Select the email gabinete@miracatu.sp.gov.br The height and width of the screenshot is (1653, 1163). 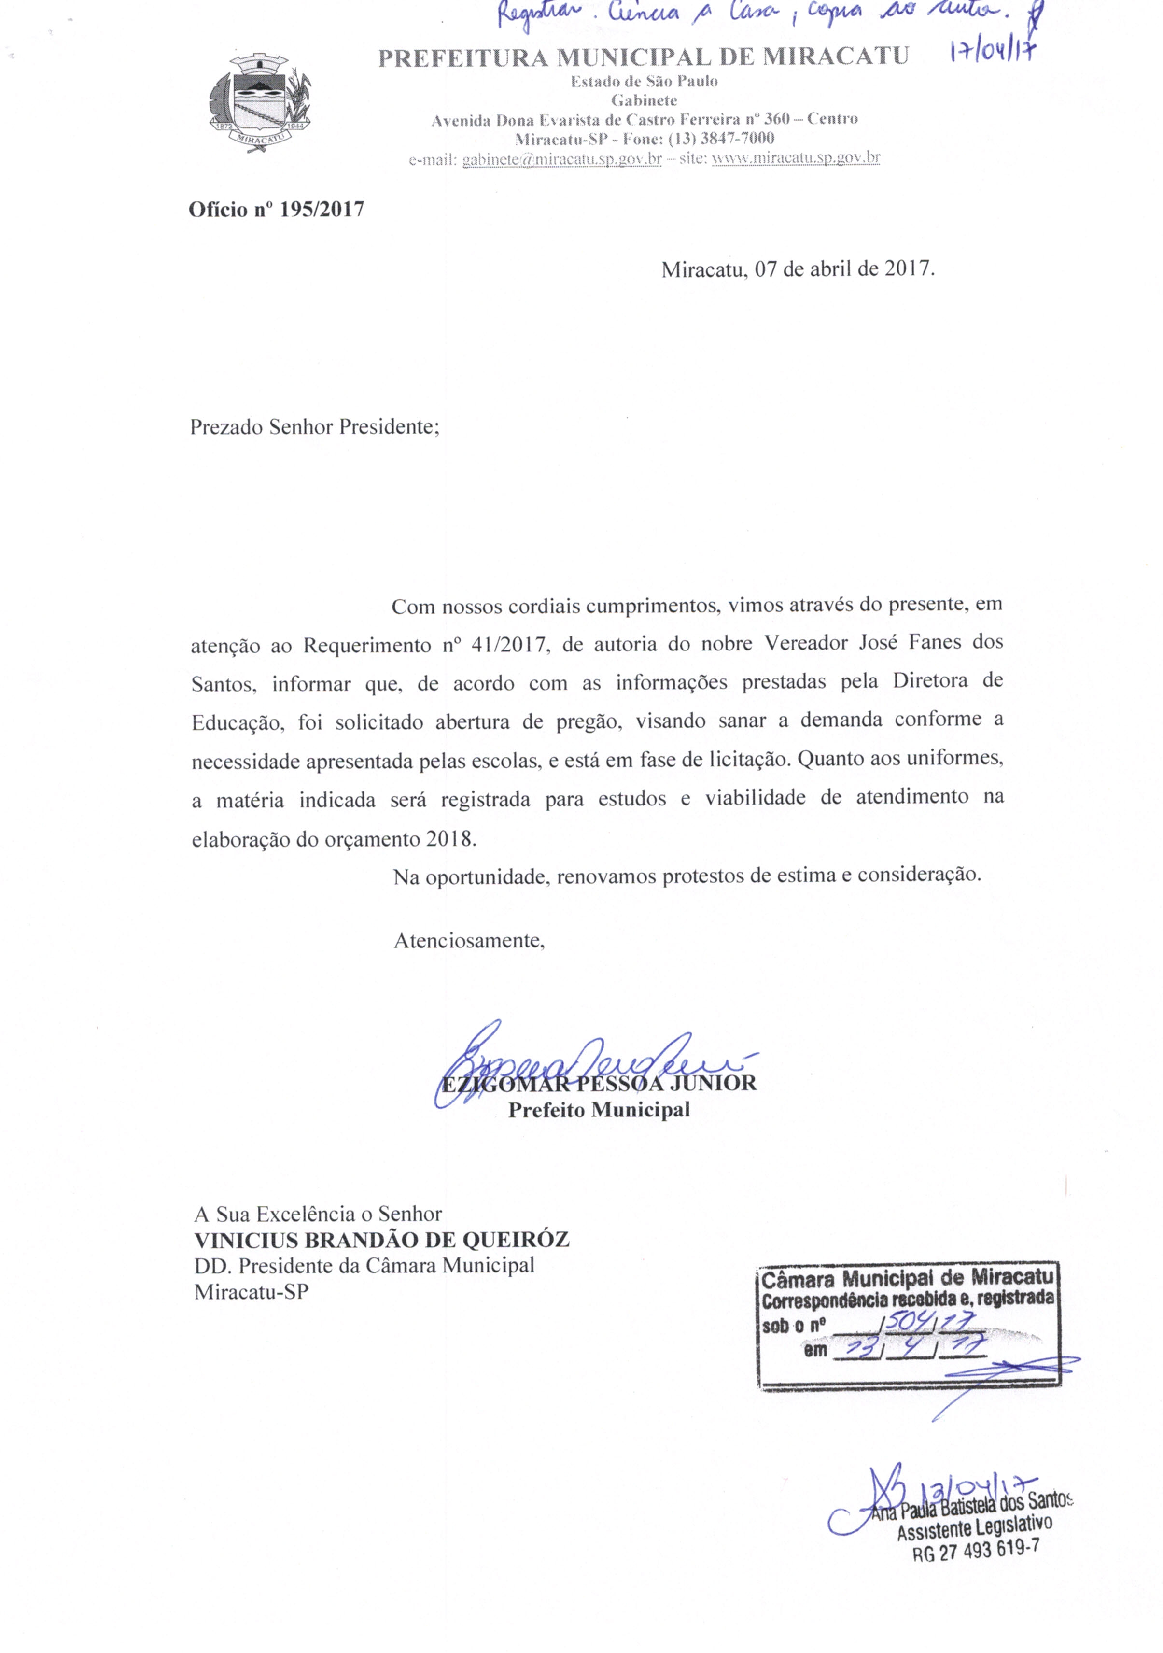[561, 158]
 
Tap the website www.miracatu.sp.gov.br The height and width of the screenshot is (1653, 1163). [795, 157]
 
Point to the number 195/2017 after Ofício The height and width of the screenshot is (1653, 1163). [322, 210]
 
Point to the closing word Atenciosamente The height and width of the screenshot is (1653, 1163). [468, 941]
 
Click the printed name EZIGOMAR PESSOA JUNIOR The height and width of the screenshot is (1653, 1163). [599, 1084]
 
